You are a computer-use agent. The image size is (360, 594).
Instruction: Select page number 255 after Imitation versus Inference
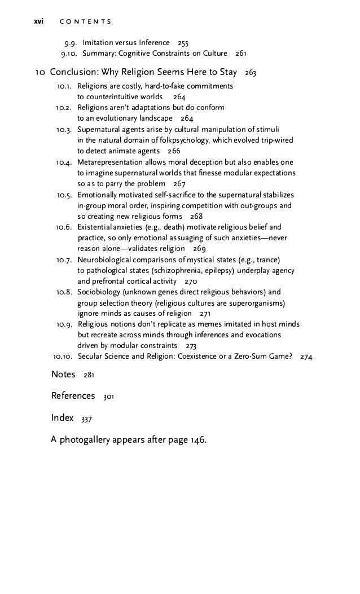183,43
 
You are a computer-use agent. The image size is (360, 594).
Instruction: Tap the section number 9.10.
69,54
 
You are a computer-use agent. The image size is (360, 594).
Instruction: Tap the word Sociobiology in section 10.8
98,292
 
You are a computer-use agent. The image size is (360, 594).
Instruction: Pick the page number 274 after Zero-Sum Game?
307,357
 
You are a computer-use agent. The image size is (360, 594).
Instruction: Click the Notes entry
63,375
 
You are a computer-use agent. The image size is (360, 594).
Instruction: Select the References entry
73,396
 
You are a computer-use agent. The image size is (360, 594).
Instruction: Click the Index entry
62,417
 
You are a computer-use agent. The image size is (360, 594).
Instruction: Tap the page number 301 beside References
108,397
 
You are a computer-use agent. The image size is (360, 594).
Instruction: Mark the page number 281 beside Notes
90,376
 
